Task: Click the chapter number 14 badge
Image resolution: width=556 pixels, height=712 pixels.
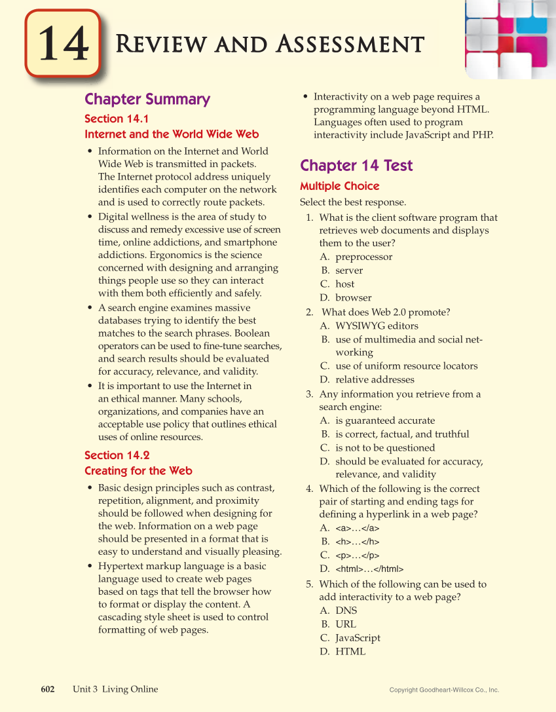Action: coord(62,45)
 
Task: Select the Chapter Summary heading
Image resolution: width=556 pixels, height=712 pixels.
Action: coord(147,100)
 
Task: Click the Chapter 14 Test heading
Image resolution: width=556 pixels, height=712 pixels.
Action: coord(356,166)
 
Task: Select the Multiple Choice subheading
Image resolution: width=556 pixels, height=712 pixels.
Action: coord(339,186)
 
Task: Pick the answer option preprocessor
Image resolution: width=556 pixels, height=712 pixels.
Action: coord(363,257)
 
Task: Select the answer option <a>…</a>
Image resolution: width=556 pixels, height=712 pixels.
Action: coord(357,528)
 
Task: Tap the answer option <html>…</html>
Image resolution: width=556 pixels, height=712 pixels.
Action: coord(369,569)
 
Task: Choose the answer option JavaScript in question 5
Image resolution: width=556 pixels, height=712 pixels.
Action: coord(357,638)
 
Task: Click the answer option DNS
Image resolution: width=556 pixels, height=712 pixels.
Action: coord(346,610)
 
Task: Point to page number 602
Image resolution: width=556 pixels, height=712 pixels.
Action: coord(48,689)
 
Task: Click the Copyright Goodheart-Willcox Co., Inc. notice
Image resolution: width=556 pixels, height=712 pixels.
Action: coord(444,690)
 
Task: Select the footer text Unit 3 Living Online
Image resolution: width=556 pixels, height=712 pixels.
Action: coord(115,689)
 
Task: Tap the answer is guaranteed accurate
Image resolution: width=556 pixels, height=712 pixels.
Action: coord(384,421)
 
